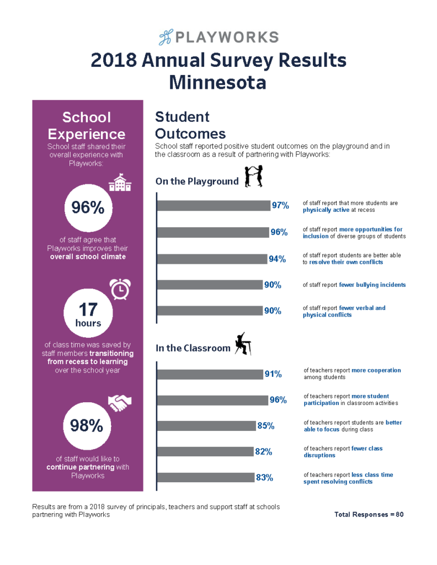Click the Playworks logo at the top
[x=218, y=38]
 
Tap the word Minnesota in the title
[x=218, y=82]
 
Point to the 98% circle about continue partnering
[x=88, y=425]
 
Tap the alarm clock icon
[x=120, y=289]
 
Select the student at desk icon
[x=243, y=344]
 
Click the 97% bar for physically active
[x=213, y=206]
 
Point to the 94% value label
[x=277, y=259]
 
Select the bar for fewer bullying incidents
[x=209, y=285]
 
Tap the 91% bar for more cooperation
[x=210, y=374]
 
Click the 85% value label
[x=265, y=426]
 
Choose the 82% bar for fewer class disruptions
[x=205, y=452]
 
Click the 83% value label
[x=264, y=478]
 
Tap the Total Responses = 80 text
[x=369, y=514]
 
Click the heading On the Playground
[x=197, y=181]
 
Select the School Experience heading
[x=87, y=125]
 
